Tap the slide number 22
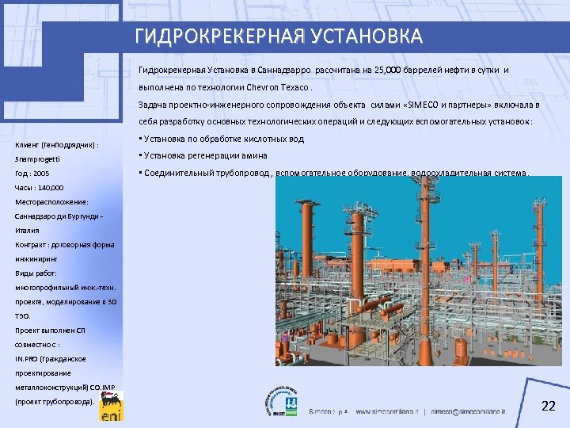pyautogui.click(x=547, y=407)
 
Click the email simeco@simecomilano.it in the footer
pyautogui.click(x=478, y=412)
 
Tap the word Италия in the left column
pyautogui.click(x=27, y=231)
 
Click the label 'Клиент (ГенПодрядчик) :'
pyautogui.click(x=57, y=146)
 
